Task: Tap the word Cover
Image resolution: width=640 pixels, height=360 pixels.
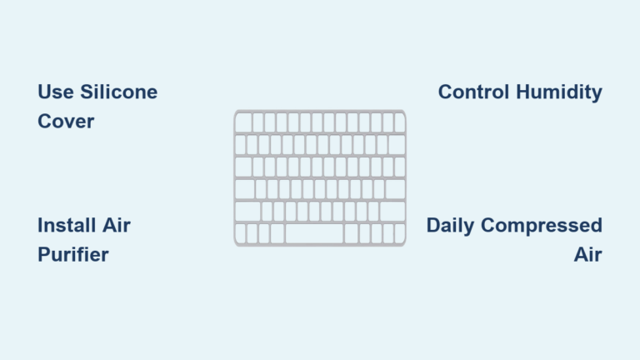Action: [66, 122]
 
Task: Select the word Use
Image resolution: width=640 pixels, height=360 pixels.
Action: [54, 92]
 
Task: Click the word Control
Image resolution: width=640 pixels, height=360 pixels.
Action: [473, 92]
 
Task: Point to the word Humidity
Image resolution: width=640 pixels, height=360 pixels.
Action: [558, 92]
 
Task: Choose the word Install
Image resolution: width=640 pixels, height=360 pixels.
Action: [65, 225]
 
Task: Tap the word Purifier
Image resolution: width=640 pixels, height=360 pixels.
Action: [73, 255]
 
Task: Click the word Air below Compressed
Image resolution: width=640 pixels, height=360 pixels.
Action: [587, 255]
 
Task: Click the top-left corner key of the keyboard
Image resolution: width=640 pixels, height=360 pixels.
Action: [243, 122]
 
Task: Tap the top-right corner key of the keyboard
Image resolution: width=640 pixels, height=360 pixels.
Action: [399, 122]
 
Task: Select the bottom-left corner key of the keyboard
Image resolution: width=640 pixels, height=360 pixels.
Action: [240, 233]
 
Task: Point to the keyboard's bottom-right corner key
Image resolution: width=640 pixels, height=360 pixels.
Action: [400, 233]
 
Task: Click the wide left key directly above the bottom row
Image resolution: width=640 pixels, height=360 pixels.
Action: [247, 212]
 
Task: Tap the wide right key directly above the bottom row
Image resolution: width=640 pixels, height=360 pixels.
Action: [392, 212]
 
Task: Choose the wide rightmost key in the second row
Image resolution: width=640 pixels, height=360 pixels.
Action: [396, 145]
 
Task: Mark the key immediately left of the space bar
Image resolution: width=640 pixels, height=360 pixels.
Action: [278, 233]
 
